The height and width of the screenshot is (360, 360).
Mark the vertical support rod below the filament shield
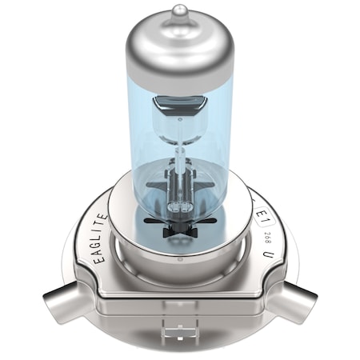point(180,156)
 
